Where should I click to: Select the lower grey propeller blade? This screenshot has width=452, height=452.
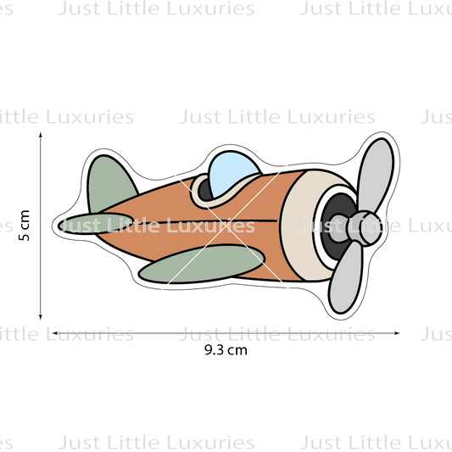click(x=345, y=278)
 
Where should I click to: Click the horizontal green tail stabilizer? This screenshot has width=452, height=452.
click(x=95, y=223)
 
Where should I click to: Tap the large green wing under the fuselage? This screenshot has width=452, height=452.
click(x=201, y=264)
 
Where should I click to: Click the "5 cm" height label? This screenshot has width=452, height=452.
click(x=25, y=225)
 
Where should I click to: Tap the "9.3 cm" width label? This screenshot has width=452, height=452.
click(x=226, y=350)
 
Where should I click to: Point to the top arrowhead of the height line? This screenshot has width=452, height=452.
click(x=41, y=135)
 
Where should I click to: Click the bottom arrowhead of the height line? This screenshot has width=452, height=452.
click(x=41, y=317)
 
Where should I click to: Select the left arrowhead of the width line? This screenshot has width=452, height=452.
click(x=55, y=333)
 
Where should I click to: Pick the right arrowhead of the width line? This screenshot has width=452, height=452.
click(x=397, y=333)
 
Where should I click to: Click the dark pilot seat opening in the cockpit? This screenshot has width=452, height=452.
click(x=204, y=190)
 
